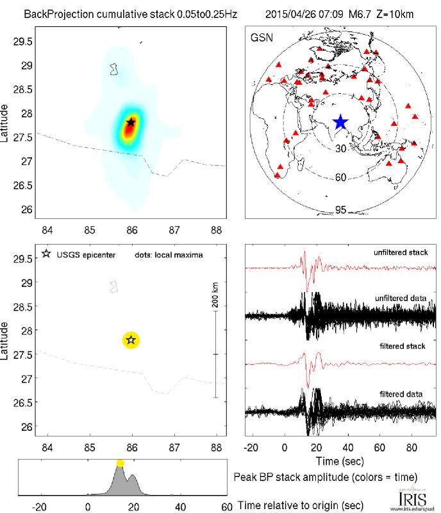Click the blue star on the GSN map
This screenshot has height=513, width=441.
pyautogui.click(x=340, y=122)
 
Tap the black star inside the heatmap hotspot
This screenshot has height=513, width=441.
pyautogui.click(x=131, y=121)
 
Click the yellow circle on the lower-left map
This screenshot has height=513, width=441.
pyautogui.click(x=131, y=340)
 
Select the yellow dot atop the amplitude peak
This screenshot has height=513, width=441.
pyautogui.click(x=120, y=463)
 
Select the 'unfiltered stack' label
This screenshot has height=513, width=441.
pyautogui.click(x=401, y=252)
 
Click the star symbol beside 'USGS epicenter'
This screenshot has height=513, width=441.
pyautogui.click(x=46, y=255)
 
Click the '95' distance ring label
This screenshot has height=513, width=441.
pyautogui.click(x=340, y=210)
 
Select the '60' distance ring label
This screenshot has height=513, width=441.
pyautogui.click(x=340, y=177)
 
